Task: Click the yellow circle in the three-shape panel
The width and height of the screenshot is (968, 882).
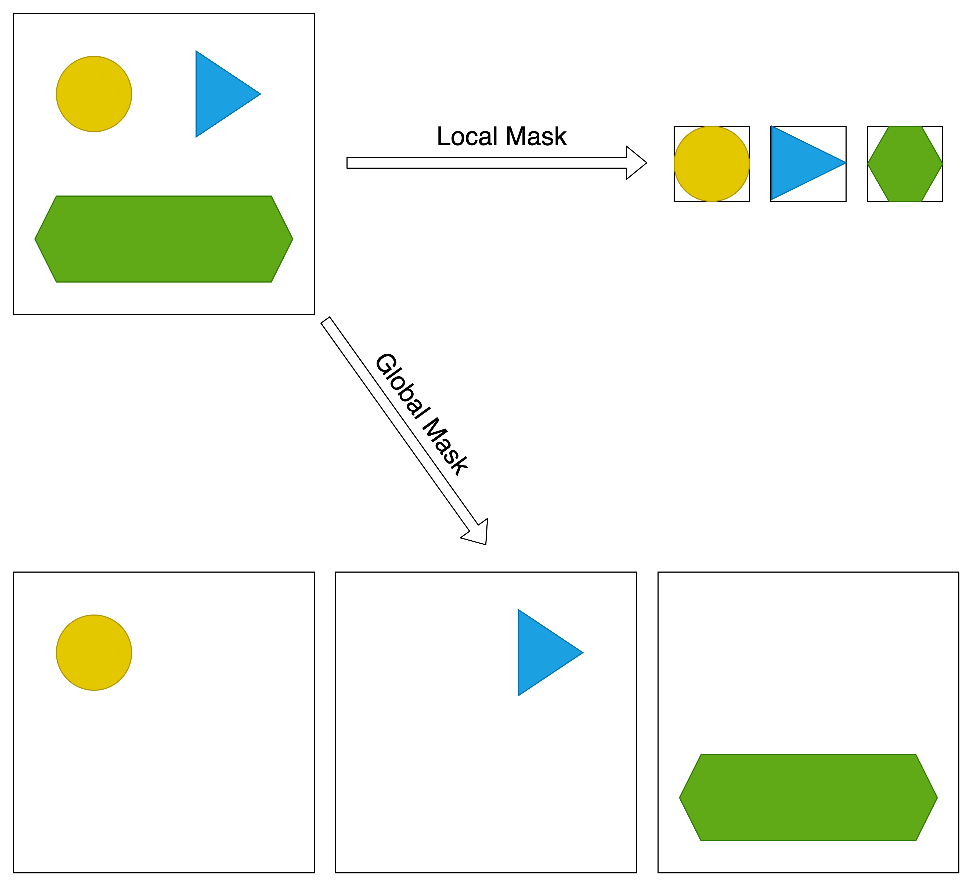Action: point(94,94)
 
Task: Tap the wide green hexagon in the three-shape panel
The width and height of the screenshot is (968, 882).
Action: point(164,239)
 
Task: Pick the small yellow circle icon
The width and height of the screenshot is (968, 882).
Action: point(711,164)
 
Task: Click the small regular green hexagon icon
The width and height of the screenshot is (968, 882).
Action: point(905,164)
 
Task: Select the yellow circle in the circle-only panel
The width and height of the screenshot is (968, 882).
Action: point(94,652)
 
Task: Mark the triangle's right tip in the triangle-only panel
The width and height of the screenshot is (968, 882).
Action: point(582,652)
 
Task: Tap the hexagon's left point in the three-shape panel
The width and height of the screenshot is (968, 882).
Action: point(35,239)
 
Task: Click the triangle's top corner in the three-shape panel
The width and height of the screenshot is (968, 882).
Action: point(196,51)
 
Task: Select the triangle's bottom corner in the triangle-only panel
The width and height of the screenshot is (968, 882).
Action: point(519,695)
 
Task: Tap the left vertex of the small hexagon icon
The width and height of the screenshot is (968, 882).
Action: point(868,164)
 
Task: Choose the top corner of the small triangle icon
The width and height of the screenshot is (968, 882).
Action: point(772,127)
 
